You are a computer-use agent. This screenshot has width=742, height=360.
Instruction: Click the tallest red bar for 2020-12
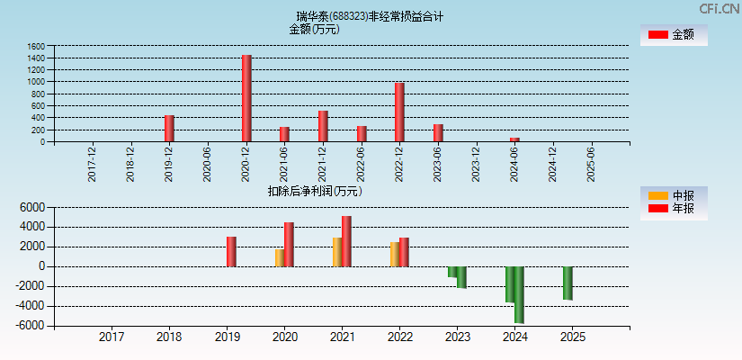coord(246,98)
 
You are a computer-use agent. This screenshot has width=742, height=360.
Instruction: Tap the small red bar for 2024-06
coord(514,139)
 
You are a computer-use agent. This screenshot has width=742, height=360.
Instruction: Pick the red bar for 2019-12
coord(169,128)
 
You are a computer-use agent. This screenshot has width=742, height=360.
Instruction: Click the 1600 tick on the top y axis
coord(36,46)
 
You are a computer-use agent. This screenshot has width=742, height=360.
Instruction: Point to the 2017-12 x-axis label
coord(93,164)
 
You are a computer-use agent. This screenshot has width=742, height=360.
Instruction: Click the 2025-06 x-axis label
coord(591,164)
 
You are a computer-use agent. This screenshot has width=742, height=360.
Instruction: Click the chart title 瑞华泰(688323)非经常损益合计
coord(370,16)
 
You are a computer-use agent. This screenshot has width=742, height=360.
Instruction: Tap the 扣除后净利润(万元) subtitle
coord(315,191)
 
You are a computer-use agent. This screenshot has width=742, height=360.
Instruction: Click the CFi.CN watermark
coord(720,8)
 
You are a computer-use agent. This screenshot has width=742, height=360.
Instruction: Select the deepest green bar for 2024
coord(519,294)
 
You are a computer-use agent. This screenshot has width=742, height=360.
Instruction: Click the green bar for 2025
coord(568,283)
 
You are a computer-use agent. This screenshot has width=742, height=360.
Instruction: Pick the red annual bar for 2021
coord(346,241)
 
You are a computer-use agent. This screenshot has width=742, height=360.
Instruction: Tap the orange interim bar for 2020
coord(280,257)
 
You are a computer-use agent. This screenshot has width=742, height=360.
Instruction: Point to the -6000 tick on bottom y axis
coord(31,326)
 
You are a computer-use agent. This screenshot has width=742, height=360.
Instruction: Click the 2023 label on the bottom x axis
coord(457,337)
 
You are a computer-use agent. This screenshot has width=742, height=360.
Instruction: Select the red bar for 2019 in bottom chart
coord(231,251)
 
